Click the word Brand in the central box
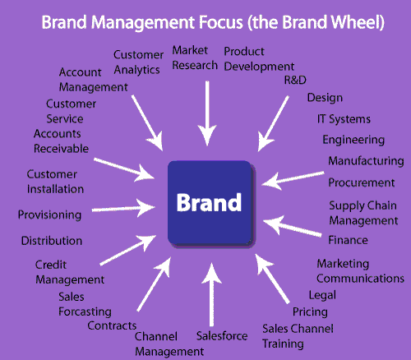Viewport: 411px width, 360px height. coord(209,202)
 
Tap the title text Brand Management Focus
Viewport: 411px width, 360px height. coord(142,22)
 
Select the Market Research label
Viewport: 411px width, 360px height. coord(195,58)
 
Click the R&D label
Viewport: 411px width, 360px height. coord(295,80)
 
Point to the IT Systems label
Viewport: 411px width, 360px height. coord(344,119)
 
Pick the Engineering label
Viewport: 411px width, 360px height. coord(353,140)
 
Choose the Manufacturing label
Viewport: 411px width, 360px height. coord(366,161)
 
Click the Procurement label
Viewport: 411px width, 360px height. coord(362,182)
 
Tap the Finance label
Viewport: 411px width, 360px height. coord(348,240)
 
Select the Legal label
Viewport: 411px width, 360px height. coord(322,295)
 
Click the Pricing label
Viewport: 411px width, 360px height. coord(310,312)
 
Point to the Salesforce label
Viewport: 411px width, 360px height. coord(222,336)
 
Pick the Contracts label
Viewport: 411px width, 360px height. coord(112,325)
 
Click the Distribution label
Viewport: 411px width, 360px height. coord(52,241)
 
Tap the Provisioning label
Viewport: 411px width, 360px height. coord(49,215)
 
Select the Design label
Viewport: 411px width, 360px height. coord(325,98)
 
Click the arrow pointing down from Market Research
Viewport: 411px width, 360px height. coord(207,113)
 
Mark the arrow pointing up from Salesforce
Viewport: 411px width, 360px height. coord(211,294)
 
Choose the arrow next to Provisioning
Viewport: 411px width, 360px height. coord(123,209)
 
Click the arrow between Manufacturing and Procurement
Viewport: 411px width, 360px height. coord(293,178)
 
